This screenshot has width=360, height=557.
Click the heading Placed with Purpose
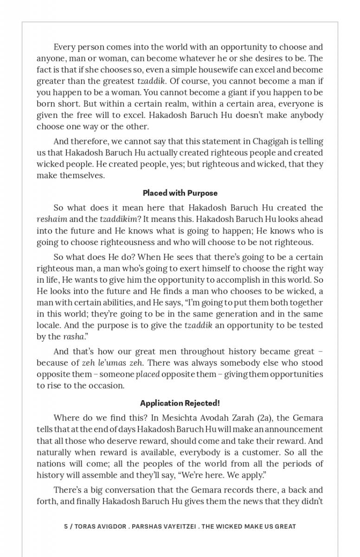tap(180, 193)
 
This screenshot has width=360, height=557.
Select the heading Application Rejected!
tap(180, 403)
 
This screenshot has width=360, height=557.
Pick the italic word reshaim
tap(51, 219)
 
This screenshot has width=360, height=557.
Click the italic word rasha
tap(73, 337)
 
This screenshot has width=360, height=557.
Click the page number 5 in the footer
tap(66, 526)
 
